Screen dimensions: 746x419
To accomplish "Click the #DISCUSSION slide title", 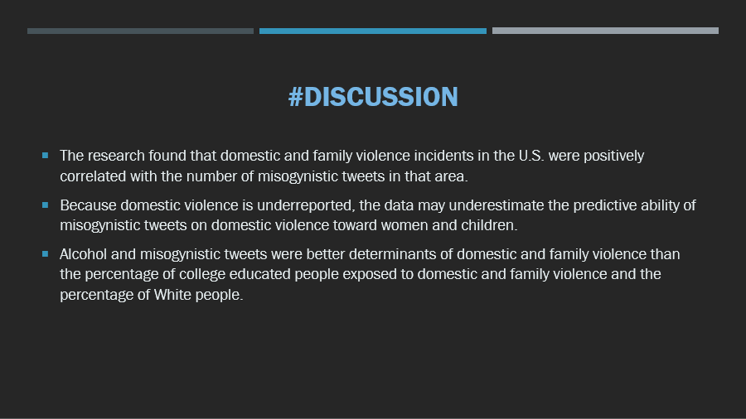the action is pos(373,97).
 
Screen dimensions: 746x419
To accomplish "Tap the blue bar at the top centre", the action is pos(372,31).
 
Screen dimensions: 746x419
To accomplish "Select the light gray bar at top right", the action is pos(605,31).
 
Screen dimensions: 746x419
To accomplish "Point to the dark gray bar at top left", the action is pos(140,31).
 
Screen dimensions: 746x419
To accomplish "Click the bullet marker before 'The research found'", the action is pos(46,156).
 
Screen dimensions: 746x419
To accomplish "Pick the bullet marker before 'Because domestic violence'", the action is pos(46,205).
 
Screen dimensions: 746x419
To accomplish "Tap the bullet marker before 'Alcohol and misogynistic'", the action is pos(46,254).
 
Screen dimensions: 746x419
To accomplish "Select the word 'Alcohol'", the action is pos(83,254).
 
